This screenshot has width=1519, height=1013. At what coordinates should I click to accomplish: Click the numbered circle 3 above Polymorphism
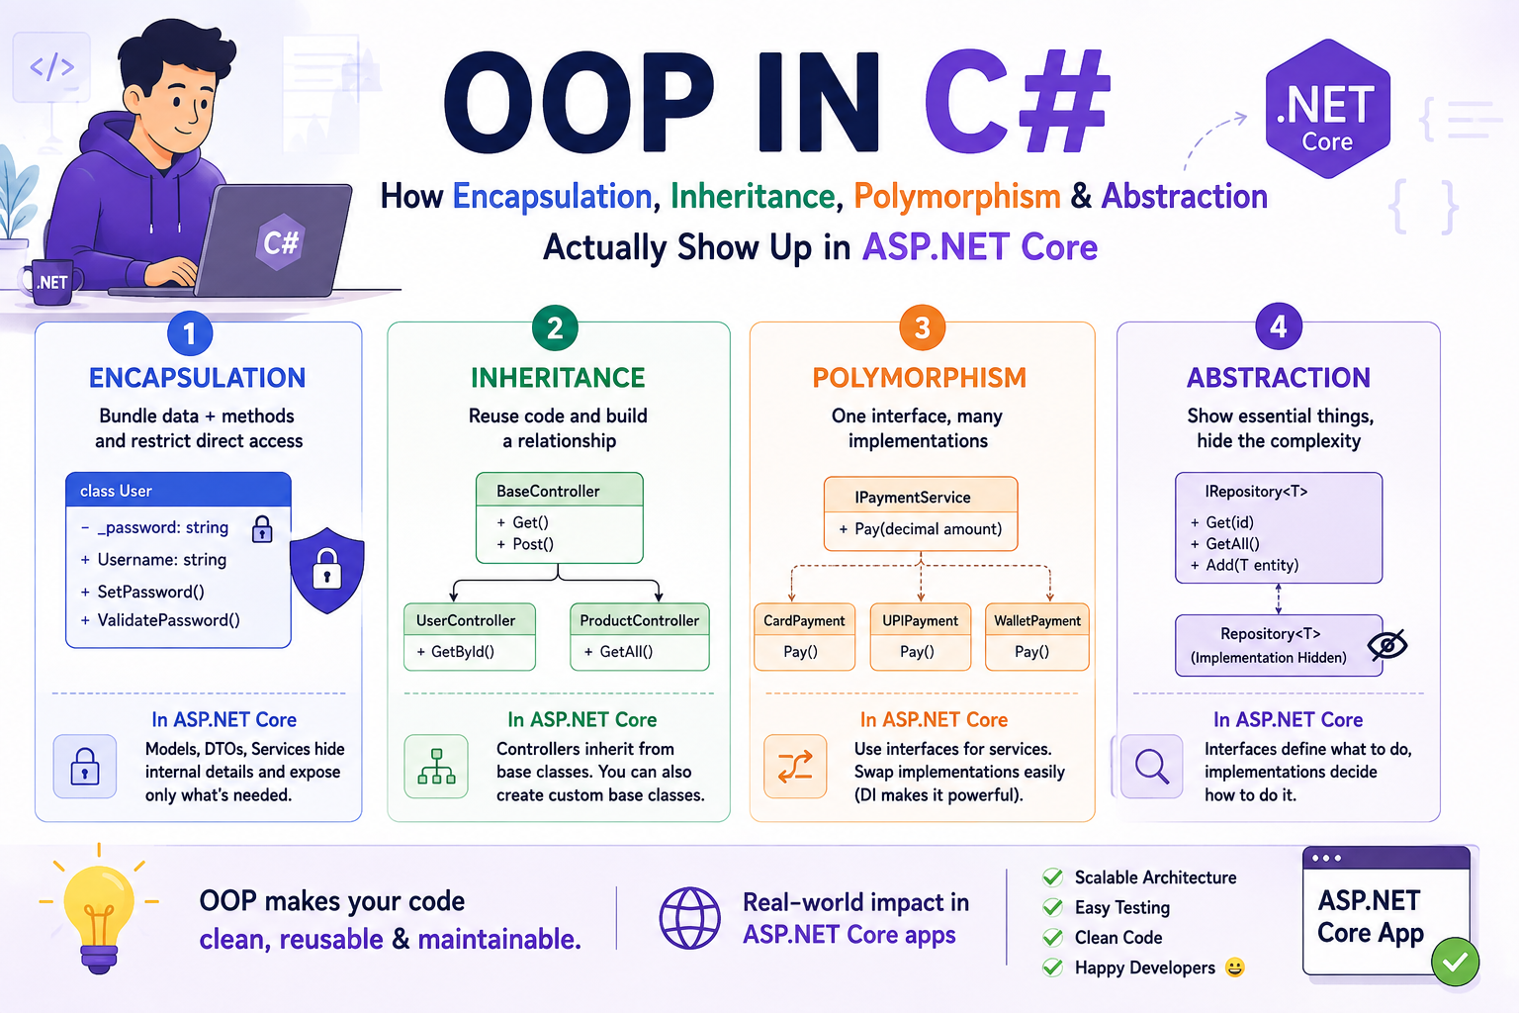[922, 327]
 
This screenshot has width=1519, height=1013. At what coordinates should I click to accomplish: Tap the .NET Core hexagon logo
[1328, 109]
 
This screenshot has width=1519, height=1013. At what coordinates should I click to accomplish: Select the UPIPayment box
[921, 636]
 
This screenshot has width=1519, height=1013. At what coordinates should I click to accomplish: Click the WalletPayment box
[1036, 636]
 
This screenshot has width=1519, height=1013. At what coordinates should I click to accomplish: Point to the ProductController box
[640, 636]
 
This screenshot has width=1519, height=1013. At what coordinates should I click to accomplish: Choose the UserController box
[470, 636]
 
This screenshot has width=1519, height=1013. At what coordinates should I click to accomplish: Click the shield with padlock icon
[327, 570]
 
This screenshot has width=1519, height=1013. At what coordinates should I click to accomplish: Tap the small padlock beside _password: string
[262, 528]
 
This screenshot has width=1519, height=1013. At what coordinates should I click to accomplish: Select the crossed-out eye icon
[1387, 645]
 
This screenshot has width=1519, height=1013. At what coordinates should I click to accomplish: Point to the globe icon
[689, 918]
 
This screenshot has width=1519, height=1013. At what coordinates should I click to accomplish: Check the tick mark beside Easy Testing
[1052, 906]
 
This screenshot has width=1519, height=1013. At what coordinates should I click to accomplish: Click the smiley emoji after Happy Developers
[1235, 967]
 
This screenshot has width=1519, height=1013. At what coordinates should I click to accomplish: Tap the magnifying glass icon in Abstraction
[1151, 766]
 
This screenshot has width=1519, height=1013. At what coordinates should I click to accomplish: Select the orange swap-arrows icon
[795, 766]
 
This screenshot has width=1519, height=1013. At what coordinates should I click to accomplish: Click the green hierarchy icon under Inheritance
[436, 766]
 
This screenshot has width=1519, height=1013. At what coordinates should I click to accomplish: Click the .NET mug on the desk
[51, 282]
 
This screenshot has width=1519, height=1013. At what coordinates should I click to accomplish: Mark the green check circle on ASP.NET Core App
[1455, 961]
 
